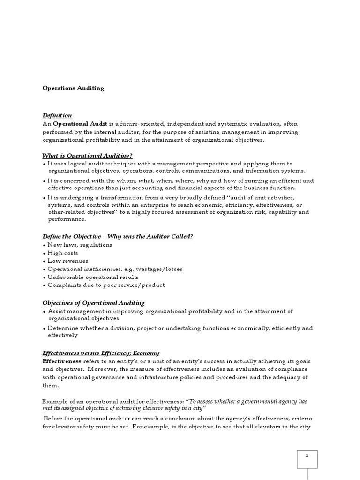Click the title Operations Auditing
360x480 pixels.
(73, 88)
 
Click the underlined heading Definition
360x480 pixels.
(57, 115)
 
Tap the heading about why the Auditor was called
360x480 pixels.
(118, 236)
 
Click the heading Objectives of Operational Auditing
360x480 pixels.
(94, 303)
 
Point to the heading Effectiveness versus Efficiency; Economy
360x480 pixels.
(101, 353)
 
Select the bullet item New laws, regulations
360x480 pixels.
(80, 245)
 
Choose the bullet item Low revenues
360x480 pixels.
(67, 261)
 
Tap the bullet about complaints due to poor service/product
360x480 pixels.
(106, 285)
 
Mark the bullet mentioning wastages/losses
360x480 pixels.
(115, 269)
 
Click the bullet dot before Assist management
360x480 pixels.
(44, 312)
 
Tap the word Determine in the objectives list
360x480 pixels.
(64, 328)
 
